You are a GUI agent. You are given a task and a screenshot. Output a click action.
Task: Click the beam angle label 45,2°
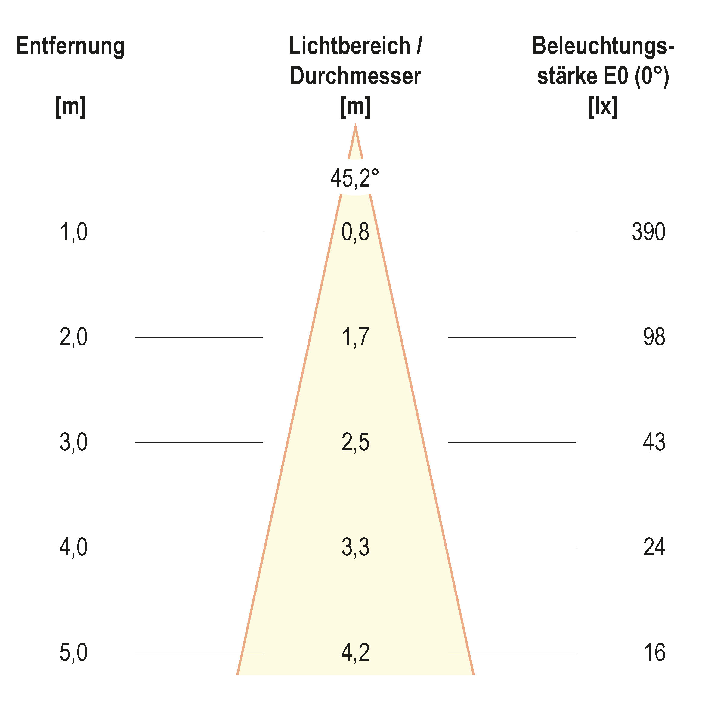(354, 178)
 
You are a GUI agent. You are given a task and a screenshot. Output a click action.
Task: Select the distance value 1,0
(74, 232)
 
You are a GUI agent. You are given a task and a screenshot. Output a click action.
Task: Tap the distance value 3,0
(74, 442)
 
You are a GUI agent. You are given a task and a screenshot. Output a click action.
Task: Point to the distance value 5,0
(74, 653)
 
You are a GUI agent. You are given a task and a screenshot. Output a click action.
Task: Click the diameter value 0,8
(355, 232)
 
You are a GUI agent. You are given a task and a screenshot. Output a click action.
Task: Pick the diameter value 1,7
(355, 337)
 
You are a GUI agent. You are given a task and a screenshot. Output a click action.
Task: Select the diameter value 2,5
(355, 442)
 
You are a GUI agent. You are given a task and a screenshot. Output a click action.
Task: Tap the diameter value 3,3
(355, 547)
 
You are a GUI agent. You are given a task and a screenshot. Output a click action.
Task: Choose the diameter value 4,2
(355, 653)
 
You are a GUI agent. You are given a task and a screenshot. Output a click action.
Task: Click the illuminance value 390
(648, 232)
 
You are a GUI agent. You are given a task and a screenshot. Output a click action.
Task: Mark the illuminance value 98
(654, 337)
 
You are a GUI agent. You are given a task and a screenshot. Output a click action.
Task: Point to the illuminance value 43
(654, 442)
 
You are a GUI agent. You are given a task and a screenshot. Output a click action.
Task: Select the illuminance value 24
(654, 547)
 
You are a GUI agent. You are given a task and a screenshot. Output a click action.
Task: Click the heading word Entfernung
(70, 47)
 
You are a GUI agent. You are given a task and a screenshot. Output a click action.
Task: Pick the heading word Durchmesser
(355, 76)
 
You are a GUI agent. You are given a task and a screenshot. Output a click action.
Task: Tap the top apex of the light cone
(355, 126)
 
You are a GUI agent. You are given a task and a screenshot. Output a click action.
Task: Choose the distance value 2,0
(74, 337)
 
